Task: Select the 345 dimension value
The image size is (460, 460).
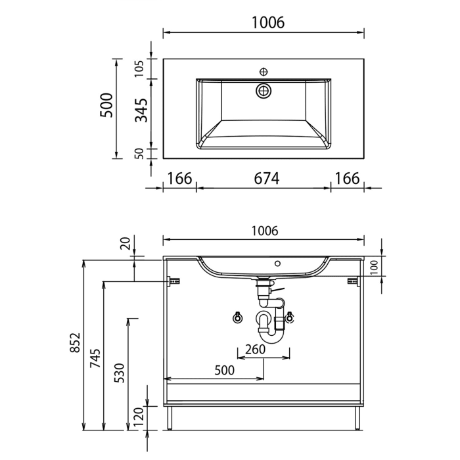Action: click(140, 110)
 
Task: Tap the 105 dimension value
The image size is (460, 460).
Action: click(139, 69)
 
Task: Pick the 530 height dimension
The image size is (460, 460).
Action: click(120, 373)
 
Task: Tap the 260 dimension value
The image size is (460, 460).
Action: click(254, 349)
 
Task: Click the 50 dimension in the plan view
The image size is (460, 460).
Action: click(139, 153)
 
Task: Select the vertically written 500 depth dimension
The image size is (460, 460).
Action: click(106, 105)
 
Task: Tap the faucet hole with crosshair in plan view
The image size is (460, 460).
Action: click(264, 71)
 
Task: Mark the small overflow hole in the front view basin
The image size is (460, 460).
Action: click(277, 264)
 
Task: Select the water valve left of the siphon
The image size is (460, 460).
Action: click(237, 319)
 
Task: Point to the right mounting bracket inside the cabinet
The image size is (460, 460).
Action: click(352, 281)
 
